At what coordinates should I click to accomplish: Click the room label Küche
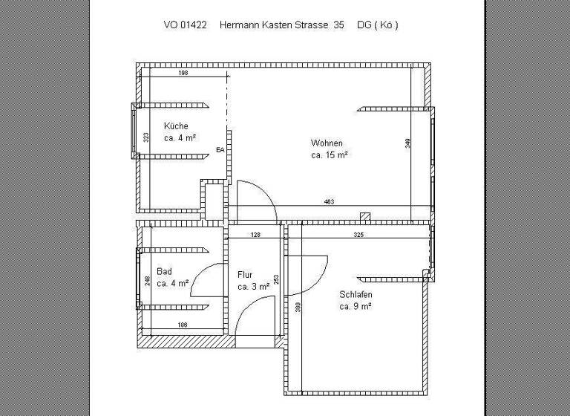(x=176, y=126)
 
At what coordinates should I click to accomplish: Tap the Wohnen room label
(x=327, y=143)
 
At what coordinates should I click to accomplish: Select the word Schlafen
(x=356, y=294)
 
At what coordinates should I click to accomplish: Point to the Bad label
(x=164, y=272)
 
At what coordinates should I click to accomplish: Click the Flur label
(x=245, y=274)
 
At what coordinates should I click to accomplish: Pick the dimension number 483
(x=330, y=202)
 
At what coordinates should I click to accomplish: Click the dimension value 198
(x=183, y=74)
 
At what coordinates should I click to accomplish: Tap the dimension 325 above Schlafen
(x=358, y=235)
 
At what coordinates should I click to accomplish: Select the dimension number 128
(x=255, y=235)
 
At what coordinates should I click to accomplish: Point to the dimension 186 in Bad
(x=183, y=325)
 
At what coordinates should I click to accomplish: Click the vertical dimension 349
(x=407, y=143)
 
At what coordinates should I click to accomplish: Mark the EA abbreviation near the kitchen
(x=220, y=150)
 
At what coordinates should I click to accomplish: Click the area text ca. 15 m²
(x=330, y=155)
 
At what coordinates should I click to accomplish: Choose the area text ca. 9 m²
(x=356, y=306)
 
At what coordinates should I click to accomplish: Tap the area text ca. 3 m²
(x=253, y=286)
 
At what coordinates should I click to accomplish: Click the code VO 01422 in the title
(x=186, y=25)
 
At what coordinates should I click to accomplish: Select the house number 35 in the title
(x=338, y=25)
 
